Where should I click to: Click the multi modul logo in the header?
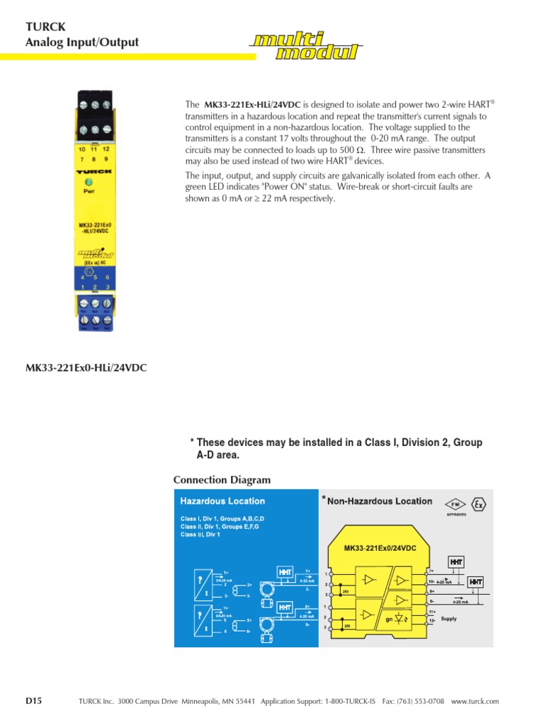pos(306,47)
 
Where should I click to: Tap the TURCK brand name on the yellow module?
pos(93,171)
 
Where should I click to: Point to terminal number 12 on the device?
pos(106,149)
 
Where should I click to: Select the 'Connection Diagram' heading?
pos(222,480)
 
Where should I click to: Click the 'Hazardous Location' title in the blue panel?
pos(222,501)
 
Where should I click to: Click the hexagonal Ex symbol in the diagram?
pos(480,505)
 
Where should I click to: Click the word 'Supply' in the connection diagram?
pos(449,618)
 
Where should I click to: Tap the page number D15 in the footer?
pos(34,701)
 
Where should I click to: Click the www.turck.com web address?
pos(475,702)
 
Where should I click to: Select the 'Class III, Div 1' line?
pos(200,535)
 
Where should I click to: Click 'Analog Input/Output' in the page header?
pos(82,42)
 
